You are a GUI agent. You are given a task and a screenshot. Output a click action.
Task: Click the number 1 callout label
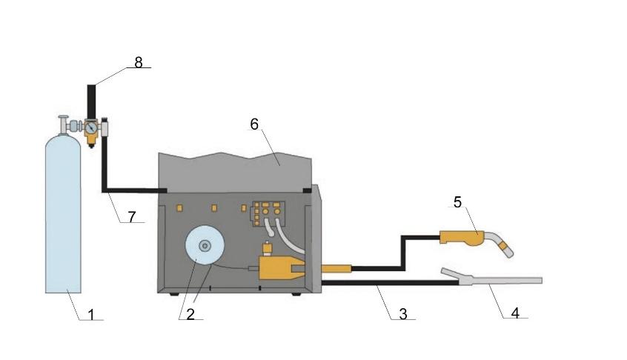pyautogui.click(x=91, y=314)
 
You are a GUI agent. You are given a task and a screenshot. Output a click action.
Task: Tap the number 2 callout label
pyautogui.click(x=190, y=314)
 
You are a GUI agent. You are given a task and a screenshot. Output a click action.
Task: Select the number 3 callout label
pyautogui.click(x=403, y=313)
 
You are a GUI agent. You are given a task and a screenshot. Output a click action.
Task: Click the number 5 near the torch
pyautogui.click(x=457, y=202)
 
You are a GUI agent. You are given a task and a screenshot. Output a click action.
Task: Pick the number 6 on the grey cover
pyautogui.click(x=254, y=124)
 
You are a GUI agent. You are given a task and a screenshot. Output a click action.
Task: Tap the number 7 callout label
pyautogui.click(x=132, y=216)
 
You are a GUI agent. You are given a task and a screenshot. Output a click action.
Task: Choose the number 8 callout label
pyautogui.click(x=139, y=62)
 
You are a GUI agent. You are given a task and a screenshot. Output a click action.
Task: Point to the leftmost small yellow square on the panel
pyautogui.click(x=179, y=207)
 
